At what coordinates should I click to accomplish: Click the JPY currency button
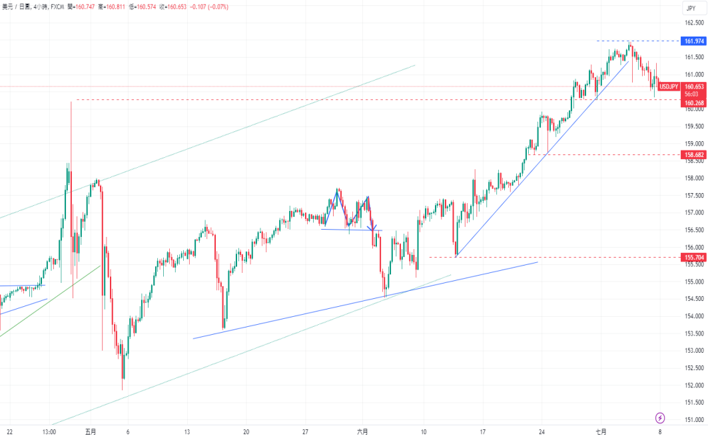(x=691, y=8)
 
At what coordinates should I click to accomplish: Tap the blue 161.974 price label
(x=694, y=41)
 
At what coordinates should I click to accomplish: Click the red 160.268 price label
(x=694, y=103)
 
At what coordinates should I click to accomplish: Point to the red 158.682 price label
(x=694, y=154)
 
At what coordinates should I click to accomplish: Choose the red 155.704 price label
(x=694, y=257)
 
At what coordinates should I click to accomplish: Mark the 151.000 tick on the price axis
(x=695, y=420)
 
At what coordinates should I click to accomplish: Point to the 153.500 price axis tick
(x=695, y=333)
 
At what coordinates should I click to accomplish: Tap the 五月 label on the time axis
(x=91, y=431)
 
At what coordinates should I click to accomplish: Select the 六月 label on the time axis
(x=362, y=431)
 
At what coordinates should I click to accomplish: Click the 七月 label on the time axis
(x=601, y=431)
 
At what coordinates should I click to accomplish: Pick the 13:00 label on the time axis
(x=49, y=431)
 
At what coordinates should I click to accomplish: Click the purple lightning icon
(x=660, y=418)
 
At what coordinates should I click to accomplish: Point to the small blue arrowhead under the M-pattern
(x=374, y=230)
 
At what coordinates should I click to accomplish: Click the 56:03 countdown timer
(x=693, y=95)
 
